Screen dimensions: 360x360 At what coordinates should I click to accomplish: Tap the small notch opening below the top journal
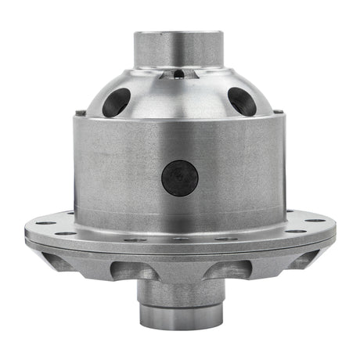click(x=179, y=74)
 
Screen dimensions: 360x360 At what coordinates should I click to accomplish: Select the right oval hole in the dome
click(x=241, y=101)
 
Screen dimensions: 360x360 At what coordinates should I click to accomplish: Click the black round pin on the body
click(x=179, y=179)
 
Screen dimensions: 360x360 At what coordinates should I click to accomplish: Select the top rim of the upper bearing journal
click(x=179, y=33)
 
